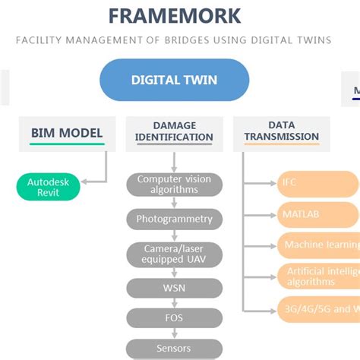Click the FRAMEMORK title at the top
[174, 15]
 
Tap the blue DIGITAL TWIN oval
[174, 80]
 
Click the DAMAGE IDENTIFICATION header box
[174, 131]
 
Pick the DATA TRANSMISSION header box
[281, 131]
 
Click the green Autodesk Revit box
[49, 188]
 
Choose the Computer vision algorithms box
[174, 185]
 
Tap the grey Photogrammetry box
[174, 219]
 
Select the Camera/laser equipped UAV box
[174, 254]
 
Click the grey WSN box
[174, 288]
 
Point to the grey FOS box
[174, 318]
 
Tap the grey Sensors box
[174, 349]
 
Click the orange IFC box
[317, 183]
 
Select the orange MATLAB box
[317, 214]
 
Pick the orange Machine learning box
[317, 245]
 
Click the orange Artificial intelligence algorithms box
[317, 276]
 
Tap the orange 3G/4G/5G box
[317, 308]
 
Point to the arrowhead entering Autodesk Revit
[84, 182]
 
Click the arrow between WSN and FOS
[174, 303]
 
